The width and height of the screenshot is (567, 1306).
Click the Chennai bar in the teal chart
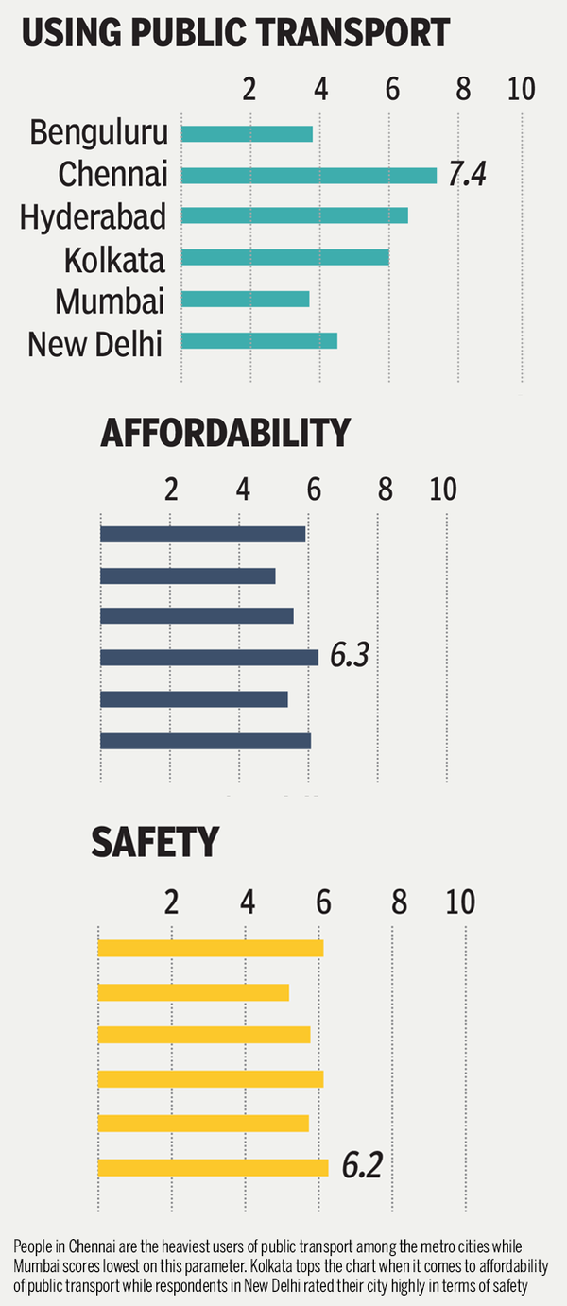[308, 175]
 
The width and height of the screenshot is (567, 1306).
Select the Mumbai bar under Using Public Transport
[245, 299]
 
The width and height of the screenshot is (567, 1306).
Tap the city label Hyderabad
[93, 216]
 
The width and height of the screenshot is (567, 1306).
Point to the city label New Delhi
[95, 344]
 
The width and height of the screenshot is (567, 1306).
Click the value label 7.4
[467, 175]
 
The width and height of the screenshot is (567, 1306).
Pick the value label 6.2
[362, 1166]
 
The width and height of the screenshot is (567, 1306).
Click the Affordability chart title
[225, 434]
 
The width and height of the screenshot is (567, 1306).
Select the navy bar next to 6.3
[209, 657]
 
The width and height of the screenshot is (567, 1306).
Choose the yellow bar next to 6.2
[213, 1167]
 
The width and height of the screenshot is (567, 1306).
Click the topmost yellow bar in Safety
[210, 948]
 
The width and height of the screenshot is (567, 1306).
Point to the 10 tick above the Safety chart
[461, 902]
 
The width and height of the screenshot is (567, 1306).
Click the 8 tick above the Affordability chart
[386, 490]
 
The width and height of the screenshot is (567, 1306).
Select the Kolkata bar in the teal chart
[284, 257]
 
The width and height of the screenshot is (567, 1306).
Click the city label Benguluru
[98, 132]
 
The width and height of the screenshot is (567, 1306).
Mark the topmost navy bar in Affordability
[202, 534]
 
